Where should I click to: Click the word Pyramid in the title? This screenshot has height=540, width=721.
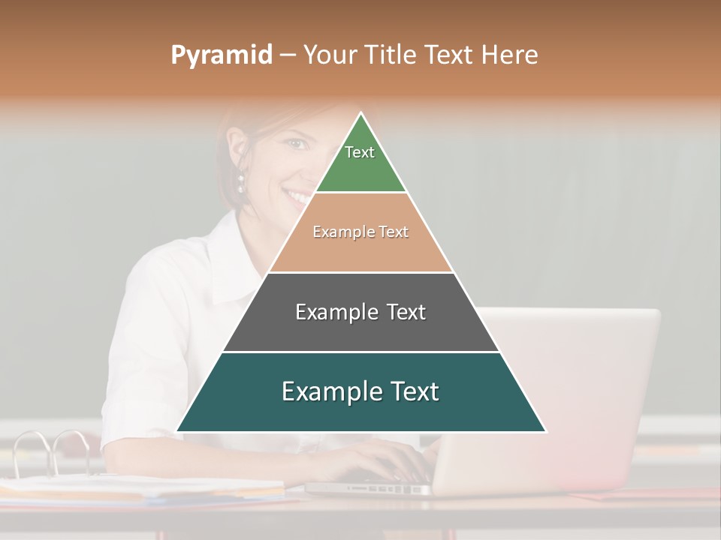[x=221, y=55]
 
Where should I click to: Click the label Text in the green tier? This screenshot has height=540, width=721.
[x=360, y=152]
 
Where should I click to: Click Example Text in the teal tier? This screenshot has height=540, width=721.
[x=360, y=391]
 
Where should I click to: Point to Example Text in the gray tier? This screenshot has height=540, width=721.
[x=360, y=312]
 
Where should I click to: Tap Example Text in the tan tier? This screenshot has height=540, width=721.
[x=360, y=232]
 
